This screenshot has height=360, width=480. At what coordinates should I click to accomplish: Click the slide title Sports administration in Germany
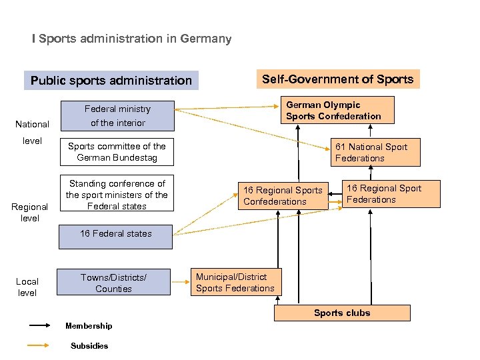click(132, 39)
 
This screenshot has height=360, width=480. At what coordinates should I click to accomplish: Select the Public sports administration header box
click(111, 81)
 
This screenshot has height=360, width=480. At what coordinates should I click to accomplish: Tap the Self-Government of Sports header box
click(337, 79)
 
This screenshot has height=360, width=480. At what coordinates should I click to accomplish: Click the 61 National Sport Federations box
click(376, 152)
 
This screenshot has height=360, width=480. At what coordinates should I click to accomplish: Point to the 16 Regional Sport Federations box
click(383, 194)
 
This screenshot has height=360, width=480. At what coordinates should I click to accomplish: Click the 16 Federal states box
click(115, 234)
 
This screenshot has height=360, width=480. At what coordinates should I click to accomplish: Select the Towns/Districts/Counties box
click(113, 283)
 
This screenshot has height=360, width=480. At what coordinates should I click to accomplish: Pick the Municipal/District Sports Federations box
click(235, 282)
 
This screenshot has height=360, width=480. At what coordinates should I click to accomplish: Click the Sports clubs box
click(342, 313)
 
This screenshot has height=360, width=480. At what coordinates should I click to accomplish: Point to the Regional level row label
click(30, 212)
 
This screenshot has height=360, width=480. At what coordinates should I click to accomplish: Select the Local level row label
click(27, 287)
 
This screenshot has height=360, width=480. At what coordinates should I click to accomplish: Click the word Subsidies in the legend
click(89, 345)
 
